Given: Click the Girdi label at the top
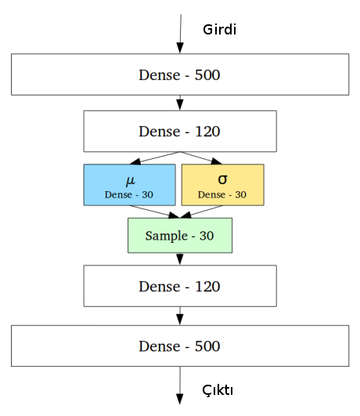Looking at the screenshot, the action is point(219,29).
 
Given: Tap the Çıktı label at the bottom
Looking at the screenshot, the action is point(218,390).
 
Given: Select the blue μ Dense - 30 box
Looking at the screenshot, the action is point(130,185).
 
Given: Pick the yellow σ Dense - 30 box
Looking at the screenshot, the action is point(223,185).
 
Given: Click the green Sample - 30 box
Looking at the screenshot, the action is point(180,235).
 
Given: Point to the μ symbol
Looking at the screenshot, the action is point(131,180).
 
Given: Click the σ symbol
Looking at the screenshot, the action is point(222,179).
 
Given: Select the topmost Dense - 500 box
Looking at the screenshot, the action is point(180,74).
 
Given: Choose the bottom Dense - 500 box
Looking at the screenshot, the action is point(180,345).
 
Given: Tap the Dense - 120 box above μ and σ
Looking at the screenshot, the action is point(180,132).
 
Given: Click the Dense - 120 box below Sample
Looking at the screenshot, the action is point(180,286).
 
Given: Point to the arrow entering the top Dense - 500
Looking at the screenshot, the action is point(181,34).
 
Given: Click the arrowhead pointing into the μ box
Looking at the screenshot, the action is point(135,161).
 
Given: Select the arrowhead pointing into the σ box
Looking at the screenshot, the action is point(216,161).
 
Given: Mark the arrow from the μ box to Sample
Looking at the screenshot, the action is point(154,212).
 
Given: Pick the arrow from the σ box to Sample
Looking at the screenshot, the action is point(201,212).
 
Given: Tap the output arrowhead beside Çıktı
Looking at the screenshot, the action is point(180,399).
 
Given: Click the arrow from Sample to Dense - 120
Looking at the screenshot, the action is point(180,259).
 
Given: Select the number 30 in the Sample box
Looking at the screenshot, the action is point(207,236).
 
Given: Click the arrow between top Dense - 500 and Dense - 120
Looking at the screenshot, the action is point(180,103).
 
